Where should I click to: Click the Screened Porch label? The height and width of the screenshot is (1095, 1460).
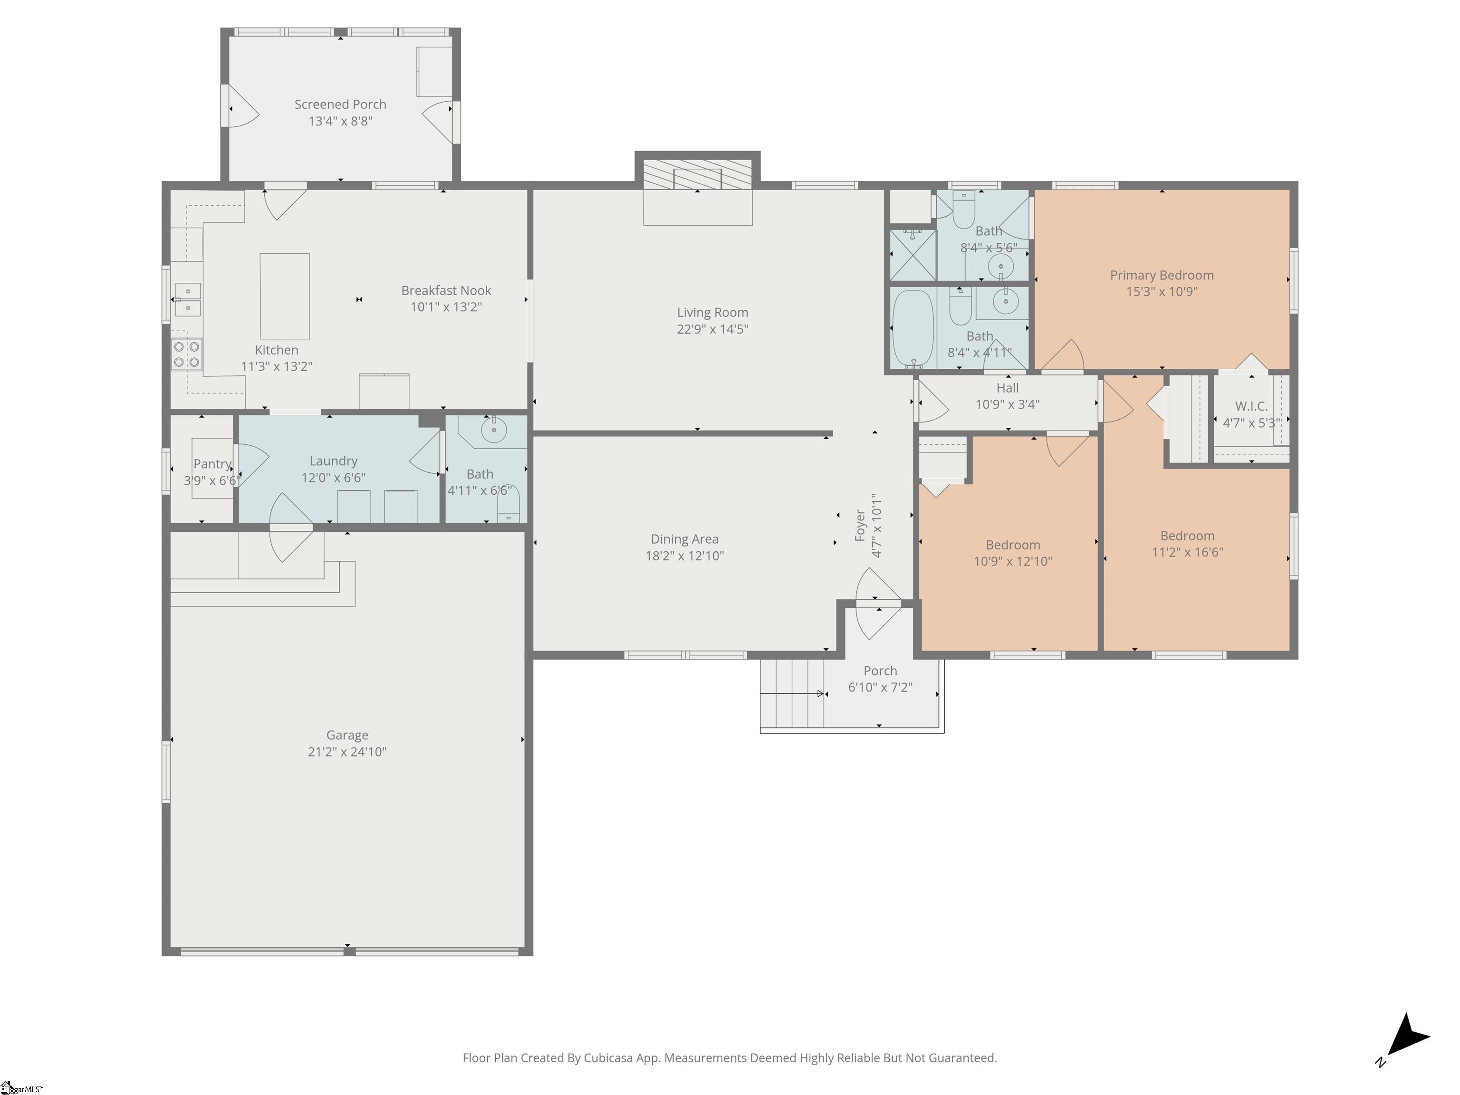pos(340,104)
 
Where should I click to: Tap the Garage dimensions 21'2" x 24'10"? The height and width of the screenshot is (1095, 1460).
pos(347,752)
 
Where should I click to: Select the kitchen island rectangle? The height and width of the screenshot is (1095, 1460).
pos(285,297)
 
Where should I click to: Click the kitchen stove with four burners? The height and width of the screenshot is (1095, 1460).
pos(187,355)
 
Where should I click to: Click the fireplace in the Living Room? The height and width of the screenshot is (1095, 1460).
pos(698,178)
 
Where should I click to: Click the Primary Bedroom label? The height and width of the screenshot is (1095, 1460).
pos(1162,275)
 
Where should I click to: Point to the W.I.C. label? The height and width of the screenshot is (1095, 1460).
pos(1251,406)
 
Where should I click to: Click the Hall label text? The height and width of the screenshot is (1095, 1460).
pos(1007,388)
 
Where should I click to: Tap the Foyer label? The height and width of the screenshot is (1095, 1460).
pos(860,525)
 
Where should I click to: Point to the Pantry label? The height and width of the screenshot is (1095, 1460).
pos(212,464)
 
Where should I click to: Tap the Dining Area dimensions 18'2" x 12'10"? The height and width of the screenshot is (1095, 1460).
pos(684,556)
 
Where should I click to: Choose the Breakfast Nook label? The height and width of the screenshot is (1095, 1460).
pos(446,290)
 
